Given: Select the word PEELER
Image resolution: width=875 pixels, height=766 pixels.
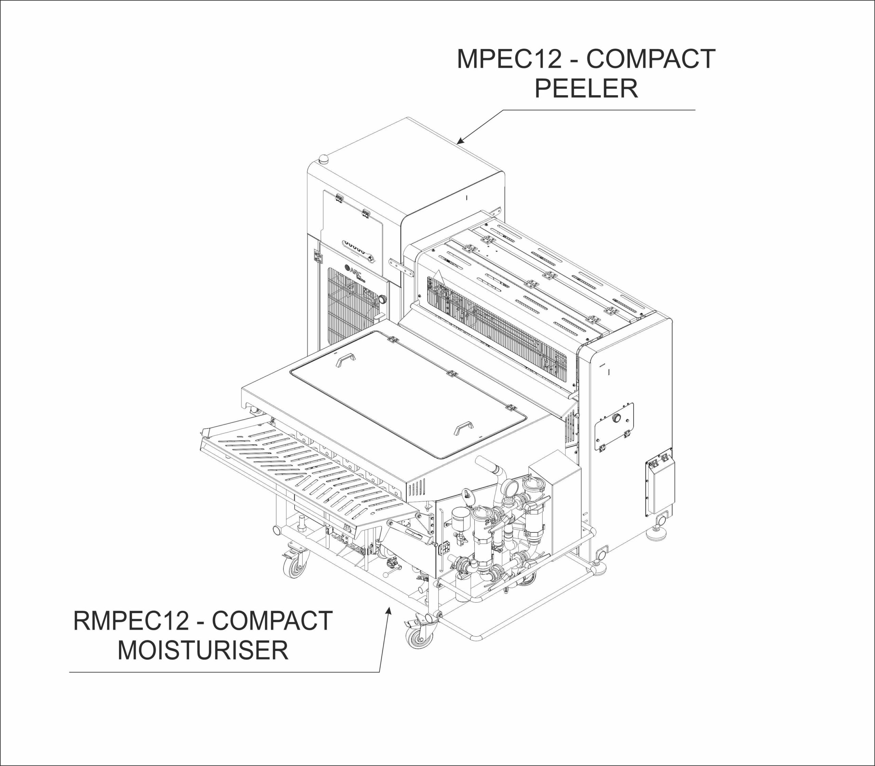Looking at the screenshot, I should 586,89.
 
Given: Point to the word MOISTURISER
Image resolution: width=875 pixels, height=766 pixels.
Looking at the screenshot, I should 203,650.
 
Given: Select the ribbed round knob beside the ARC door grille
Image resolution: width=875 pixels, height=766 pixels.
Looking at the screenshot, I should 382,299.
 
